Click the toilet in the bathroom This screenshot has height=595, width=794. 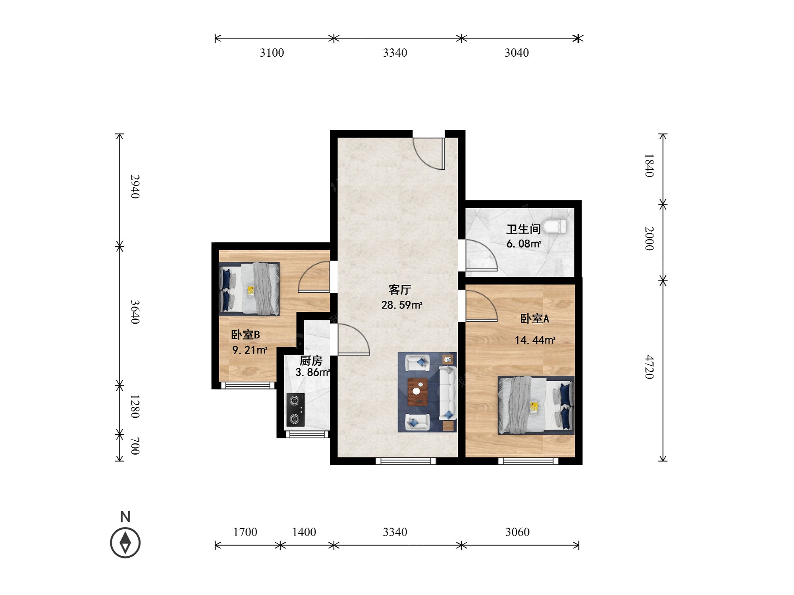click(x=554, y=226)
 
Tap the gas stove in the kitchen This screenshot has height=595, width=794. click(x=295, y=410)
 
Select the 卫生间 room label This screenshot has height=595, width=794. click(x=523, y=229)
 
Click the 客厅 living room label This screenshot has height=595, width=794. click(x=399, y=290)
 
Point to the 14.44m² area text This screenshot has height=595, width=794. click(x=535, y=340)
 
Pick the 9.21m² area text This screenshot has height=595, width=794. click(x=250, y=350)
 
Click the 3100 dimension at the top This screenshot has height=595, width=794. click(x=272, y=53)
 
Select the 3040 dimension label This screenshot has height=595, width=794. click(x=516, y=53)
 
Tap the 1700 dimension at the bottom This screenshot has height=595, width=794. click(x=245, y=532)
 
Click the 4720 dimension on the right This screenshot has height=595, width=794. click(x=649, y=367)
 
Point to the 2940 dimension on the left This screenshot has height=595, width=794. click(x=135, y=186)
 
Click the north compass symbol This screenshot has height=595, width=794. click(x=125, y=542)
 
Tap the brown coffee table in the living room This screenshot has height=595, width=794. click(x=418, y=392)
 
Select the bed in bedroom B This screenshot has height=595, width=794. click(x=249, y=289)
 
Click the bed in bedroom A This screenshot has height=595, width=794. click(x=536, y=405)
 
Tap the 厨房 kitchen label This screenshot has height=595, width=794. click(x=311, y=361)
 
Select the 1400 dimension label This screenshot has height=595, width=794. click(x=304, y=532)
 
